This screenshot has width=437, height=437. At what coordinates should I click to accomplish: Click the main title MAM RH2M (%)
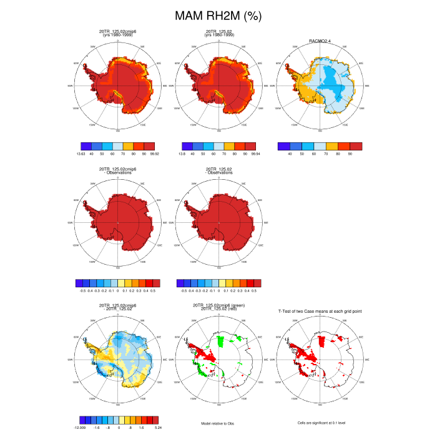tap(218, 14)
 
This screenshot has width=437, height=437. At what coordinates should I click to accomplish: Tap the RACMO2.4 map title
tap(320, 40)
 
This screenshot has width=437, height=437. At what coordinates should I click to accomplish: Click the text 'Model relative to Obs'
tap(219, 423)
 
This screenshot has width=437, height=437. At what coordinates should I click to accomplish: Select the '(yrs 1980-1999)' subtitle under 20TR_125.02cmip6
tap(117, 36)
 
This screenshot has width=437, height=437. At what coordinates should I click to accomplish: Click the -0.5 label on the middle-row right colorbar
tap(184, 291)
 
